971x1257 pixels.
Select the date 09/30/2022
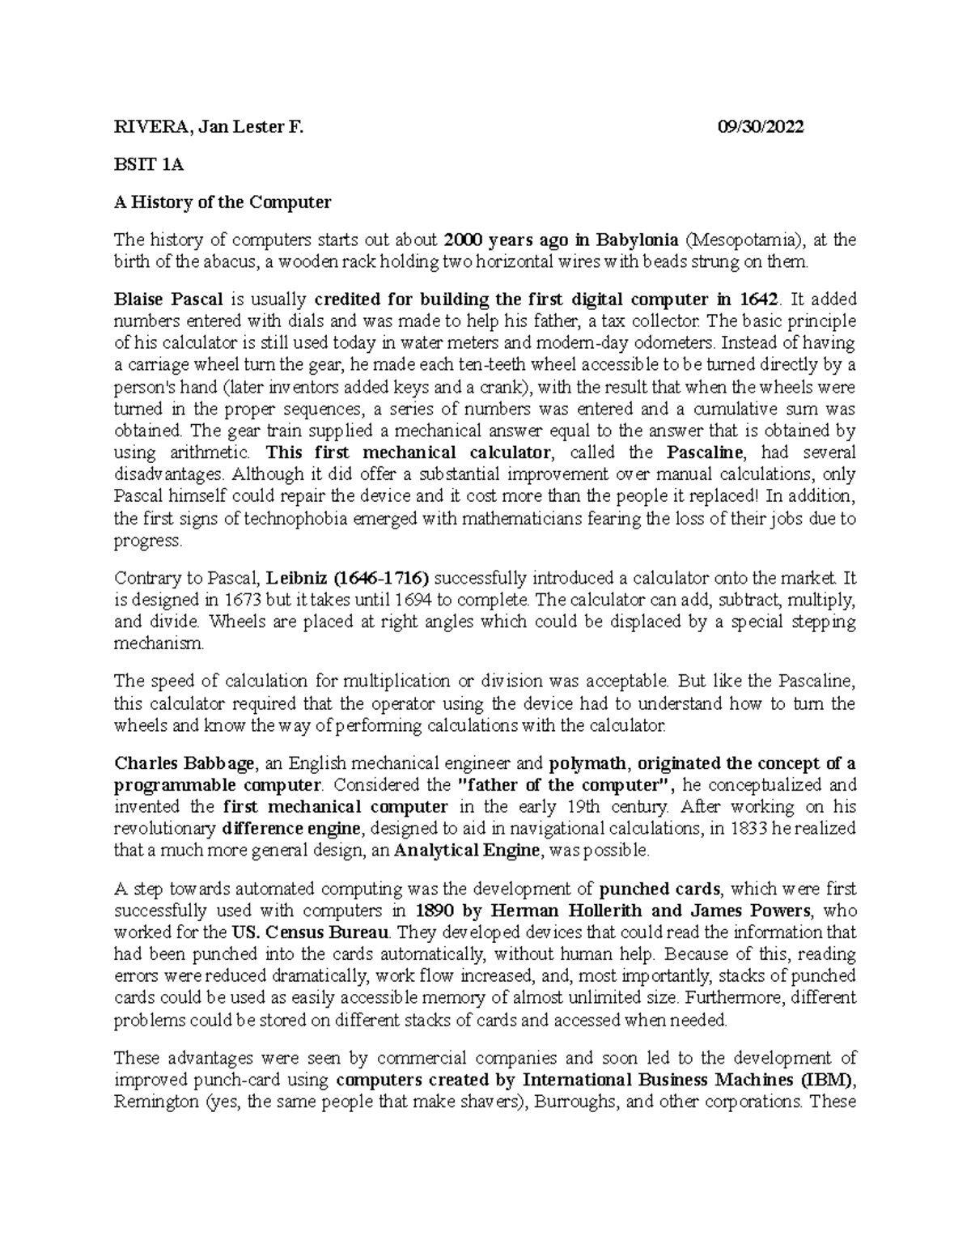pos(761,127)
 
